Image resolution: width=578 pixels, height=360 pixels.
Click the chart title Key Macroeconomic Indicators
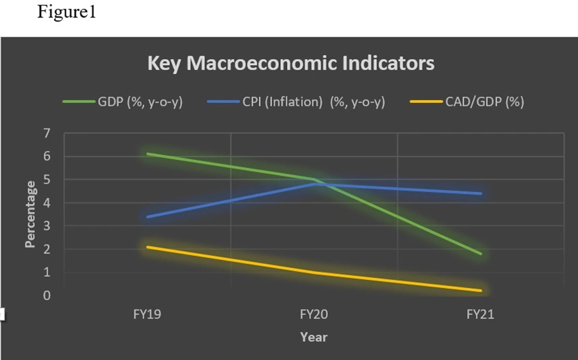tap(290, 64)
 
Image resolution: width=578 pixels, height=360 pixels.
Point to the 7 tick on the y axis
tap(46, 134)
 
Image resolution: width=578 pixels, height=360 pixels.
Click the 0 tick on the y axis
tap(46, 296)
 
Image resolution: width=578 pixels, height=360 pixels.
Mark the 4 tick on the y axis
tap(46, 203)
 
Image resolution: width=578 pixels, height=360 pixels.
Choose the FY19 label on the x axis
tap(147, 314)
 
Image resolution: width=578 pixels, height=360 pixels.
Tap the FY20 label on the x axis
tap(314, 314)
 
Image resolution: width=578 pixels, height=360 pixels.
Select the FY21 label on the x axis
tap(481, 314)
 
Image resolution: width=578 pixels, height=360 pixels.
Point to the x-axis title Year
tap(313, 336)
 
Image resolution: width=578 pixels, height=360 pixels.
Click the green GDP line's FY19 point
tap(147, 154)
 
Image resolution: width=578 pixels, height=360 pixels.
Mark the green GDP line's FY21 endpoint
tap(481, 254)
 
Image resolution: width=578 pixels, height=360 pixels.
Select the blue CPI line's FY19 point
tap(147, 217)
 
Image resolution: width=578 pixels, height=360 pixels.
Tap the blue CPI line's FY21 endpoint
tap(481, 193)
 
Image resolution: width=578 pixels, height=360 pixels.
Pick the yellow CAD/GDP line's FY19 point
tap(147, 246)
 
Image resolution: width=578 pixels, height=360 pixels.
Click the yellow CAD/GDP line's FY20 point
tap(314, 273)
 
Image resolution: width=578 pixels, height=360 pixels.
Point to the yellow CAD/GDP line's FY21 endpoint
tap(481, 291)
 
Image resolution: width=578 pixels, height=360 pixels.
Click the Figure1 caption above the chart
tap(71, 13)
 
